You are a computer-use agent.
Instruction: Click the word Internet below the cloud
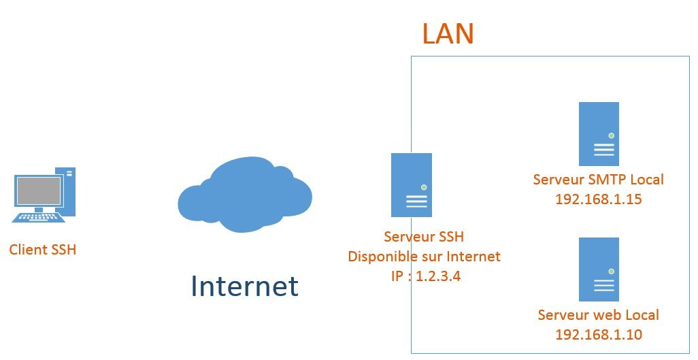coord(245,286)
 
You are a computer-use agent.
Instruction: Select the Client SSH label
coord(43,250)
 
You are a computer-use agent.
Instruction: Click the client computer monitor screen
coord(39,191)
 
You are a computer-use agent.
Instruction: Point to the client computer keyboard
coord(39,216)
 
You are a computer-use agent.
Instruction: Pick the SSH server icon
coord(412,185)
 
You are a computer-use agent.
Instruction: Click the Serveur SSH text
coord(424,238)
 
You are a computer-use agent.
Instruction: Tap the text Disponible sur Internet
coord(424,257)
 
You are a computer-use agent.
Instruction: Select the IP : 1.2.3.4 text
coord(424,276)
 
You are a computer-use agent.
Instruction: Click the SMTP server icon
coord(599,134)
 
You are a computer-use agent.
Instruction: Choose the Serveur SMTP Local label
coord(599,180)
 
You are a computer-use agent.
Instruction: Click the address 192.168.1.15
coord(599,199)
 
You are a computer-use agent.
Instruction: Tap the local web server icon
coord(599,269)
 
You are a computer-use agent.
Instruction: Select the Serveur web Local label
coord(599,315)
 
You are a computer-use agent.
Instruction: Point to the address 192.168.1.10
coord(599,335)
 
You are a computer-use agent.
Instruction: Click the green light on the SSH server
coord(424,187)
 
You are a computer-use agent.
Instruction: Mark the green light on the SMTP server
coord(611,136)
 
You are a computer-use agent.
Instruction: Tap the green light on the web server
coord(611,272)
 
